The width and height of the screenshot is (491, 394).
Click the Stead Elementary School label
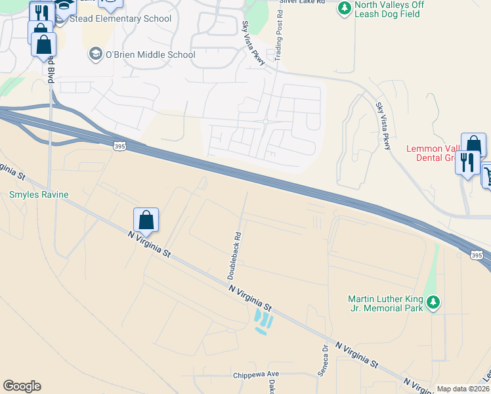(x=121, y=18)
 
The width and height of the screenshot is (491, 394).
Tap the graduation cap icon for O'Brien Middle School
(x=96, y=55)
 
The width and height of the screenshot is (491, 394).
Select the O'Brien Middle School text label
(x=150, y=55)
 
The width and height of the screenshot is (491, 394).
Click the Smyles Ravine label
(x=39, y=195)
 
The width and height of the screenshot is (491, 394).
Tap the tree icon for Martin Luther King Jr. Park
(x=433, y=302)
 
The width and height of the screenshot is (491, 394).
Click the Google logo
(x=22, y=386)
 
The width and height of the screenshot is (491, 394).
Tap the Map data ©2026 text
(x=463, y=389)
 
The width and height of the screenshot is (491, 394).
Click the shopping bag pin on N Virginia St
(x=146, y=220)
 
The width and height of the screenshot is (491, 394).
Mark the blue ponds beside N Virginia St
(x=263, y=321)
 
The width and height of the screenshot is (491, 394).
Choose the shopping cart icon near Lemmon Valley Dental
(x=488, y=175)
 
